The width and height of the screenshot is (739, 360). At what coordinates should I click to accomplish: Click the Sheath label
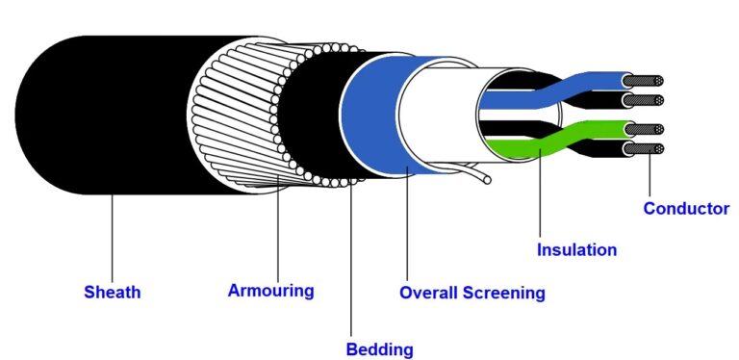112,292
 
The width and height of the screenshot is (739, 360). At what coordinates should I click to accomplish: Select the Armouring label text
270,289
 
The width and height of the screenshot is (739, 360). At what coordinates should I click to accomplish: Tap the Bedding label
379,348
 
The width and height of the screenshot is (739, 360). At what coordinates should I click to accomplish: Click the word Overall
432,292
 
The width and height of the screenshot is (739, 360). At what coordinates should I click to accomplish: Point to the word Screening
508,292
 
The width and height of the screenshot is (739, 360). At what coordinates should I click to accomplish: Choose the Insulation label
576,249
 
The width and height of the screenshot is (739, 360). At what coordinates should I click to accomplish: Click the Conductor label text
686,208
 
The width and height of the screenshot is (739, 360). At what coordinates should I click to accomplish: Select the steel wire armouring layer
226,116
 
